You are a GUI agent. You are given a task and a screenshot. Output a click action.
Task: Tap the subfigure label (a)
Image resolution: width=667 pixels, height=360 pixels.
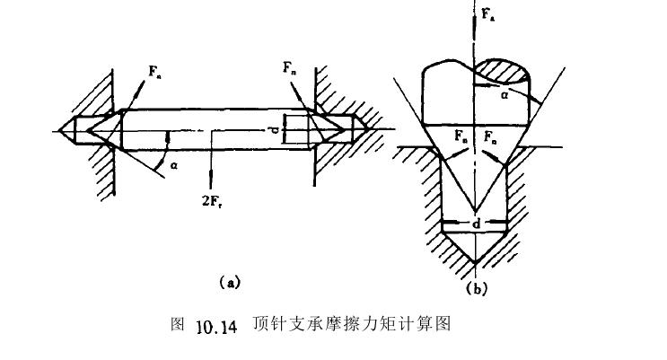click(x=230, y=282)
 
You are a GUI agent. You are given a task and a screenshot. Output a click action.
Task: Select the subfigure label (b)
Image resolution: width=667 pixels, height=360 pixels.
click(x=478, y=288)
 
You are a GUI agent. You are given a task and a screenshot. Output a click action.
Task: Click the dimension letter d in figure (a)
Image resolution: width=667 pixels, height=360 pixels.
click(x=281, y=133)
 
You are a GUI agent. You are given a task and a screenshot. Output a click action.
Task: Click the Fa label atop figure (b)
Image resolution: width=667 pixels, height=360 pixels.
click(x=486, y=15)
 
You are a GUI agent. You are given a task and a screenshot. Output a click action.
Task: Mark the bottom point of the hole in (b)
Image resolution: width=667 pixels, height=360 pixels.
click(x=474, y=263)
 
